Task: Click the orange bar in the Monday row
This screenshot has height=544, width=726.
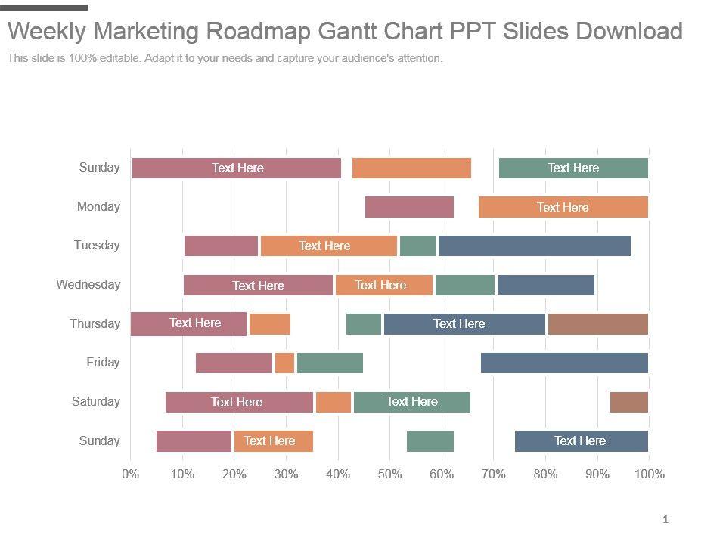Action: [563, 207]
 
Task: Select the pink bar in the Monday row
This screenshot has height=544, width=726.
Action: [409, 207]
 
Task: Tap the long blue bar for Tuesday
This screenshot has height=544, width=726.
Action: [534, 246]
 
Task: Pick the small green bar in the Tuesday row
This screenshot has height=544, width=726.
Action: [417, 246]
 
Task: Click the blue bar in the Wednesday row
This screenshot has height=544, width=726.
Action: [545, 285]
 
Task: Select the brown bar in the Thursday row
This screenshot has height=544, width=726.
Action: [597, 323]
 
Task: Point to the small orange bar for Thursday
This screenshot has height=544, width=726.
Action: [270, 323]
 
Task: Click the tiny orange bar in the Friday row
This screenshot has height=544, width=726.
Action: [284, 363]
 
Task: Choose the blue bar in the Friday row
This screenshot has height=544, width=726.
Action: [564, 363]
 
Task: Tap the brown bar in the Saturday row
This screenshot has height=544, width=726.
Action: [628, 402]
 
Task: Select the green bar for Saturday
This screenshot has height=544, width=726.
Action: [411, 402]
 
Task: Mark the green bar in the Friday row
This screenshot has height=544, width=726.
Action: [330, 363]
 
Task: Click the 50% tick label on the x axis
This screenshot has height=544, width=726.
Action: [389, 474]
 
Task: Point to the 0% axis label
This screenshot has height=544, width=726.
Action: [130, 474]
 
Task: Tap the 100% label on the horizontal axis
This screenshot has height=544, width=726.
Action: [650, 474]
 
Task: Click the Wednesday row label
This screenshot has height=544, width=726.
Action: [88, 285]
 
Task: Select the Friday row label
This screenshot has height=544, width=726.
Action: [103, 363]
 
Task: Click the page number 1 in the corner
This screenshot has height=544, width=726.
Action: [665, 519]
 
